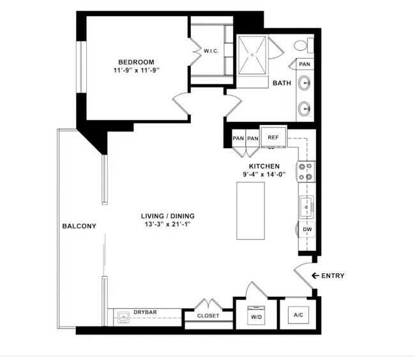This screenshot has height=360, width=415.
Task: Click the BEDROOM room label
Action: pos(136,62)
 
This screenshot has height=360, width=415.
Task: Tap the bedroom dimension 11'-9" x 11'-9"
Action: pos(136,71)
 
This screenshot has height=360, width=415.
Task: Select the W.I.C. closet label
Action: pos(211,51)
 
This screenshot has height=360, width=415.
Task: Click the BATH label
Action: pos(282,83)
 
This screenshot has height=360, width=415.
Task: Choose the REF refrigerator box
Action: pos(273,137)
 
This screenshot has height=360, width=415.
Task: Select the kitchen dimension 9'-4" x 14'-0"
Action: pos(264,174)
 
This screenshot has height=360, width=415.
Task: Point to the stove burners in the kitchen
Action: pos(307,171)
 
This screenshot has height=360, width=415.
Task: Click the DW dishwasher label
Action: pos(307,229)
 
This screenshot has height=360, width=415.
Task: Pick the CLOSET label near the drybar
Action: pos(208,316)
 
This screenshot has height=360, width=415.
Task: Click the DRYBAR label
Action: pos(146,312)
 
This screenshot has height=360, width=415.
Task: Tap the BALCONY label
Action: pos(79,226)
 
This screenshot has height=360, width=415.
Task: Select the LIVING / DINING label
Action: pos(167,216)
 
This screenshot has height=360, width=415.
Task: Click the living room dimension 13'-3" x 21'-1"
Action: pos(167,225)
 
